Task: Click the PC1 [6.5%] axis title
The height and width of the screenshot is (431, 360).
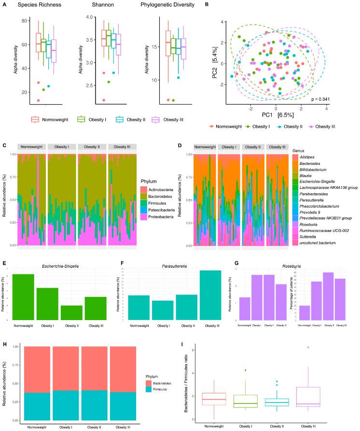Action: coord(276,118)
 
